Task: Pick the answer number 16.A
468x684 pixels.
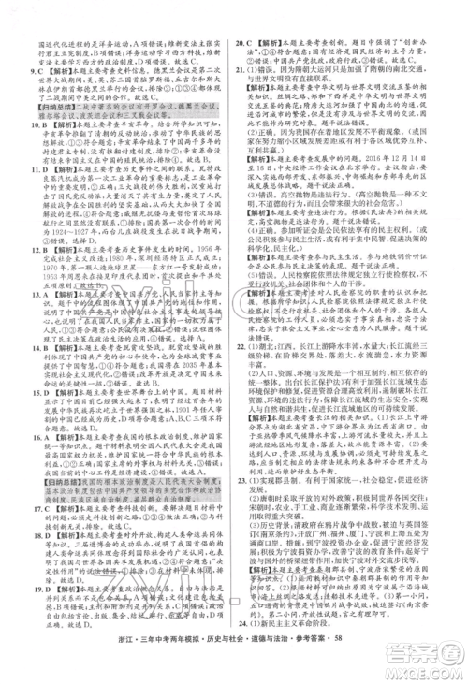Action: point(39,474)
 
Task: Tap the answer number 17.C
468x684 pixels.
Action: point(39,535)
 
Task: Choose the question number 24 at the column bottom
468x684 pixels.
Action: point(240,648)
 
